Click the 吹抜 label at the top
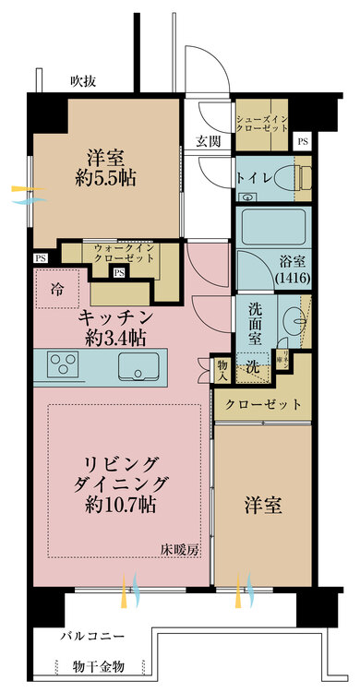point(85,81)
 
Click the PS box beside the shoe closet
point(302,141)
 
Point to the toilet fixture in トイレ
point(300,179)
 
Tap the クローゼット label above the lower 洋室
point(263,404)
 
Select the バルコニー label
point(93,637)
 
